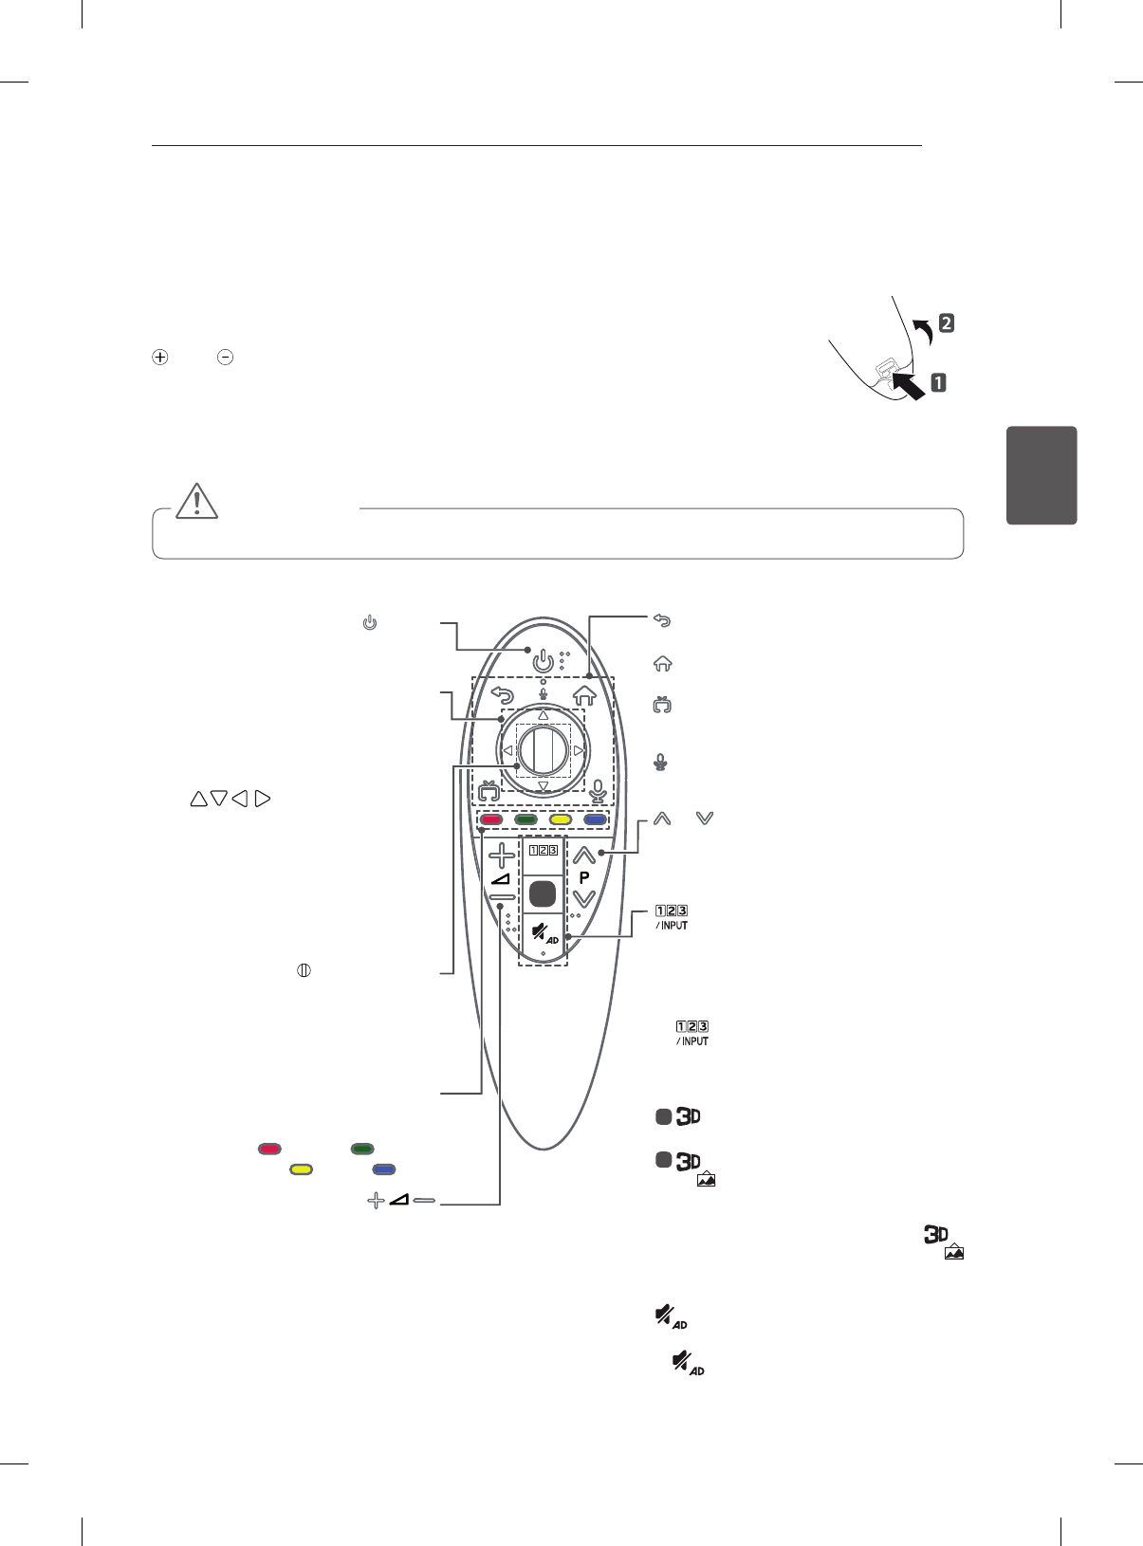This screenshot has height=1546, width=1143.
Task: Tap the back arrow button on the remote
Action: click(502, 695)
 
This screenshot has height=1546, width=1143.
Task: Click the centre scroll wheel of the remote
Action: click(544, 750)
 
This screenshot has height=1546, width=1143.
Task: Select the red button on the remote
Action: click(491, 819)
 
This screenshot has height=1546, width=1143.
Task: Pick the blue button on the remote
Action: click(595, 819)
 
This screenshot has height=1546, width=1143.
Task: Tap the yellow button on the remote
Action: click(561, 819)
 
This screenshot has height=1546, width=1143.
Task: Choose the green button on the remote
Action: click(525, 819)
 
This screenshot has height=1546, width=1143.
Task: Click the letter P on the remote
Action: click(584, 877)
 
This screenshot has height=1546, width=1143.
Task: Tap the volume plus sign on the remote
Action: click(502, 856)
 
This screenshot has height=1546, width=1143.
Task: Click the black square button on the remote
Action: click(543, 893)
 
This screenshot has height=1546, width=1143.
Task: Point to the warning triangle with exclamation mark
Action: click(197, 500)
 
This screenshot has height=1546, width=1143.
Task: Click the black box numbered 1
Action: click(938, 383)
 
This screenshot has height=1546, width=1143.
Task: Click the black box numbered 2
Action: click(946, 323)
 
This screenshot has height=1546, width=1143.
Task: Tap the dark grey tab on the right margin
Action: click(1042, 475)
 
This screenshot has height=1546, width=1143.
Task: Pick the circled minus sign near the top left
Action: click(225, 358)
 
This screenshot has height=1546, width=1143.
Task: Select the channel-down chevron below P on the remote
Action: click(584, 898)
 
